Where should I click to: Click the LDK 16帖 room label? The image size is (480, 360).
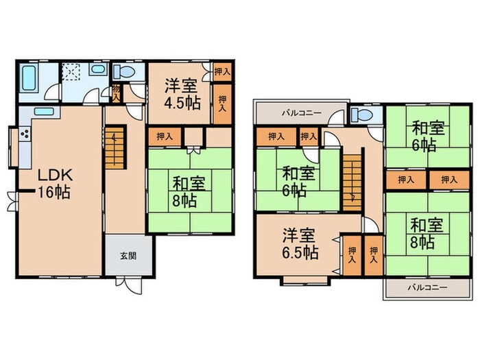click(x=54, y=182)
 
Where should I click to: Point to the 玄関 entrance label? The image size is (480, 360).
click(x=128, y=255)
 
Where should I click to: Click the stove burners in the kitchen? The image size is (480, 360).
click(x=23, y=134)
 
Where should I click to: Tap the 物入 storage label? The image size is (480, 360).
click(x=117, y=93)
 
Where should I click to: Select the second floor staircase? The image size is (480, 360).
click(x=351, y=178)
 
